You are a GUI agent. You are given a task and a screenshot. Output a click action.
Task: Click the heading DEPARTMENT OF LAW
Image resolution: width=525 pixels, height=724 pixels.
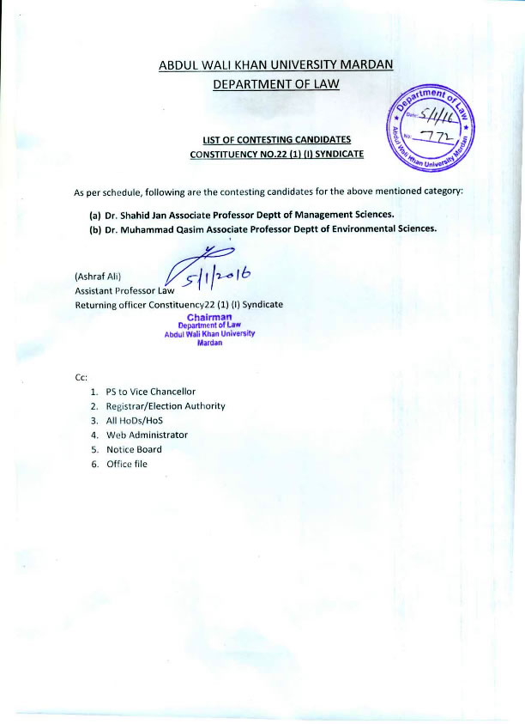point(275,83)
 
